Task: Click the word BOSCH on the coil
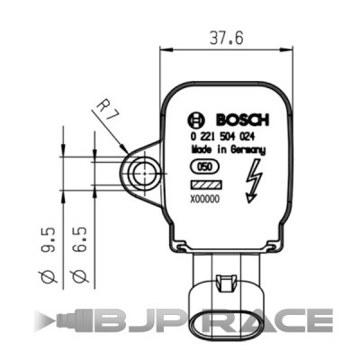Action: [238, 120]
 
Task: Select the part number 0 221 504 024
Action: [225, 136]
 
